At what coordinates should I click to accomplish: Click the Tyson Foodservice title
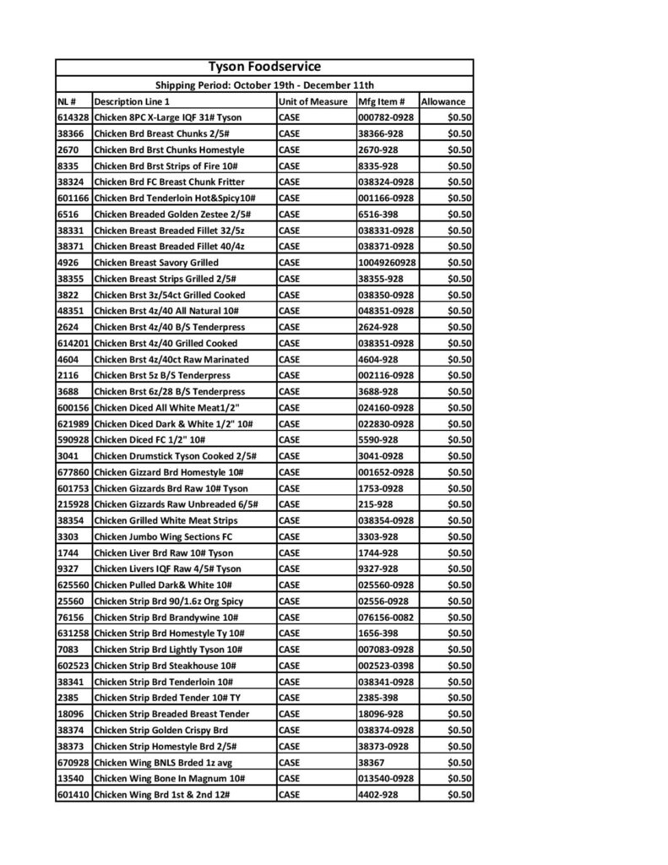pyautogui.click(x=263, y=68)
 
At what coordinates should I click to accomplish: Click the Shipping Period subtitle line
pyautogui.click(x=264, y=85)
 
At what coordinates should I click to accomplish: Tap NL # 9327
pyautogui.click(x=68, y=569)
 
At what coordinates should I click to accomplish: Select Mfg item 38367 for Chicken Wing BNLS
pyautogui.click(x=372, y=762)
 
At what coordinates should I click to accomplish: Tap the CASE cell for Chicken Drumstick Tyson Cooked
pyautogui.click(x=291, y=456)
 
